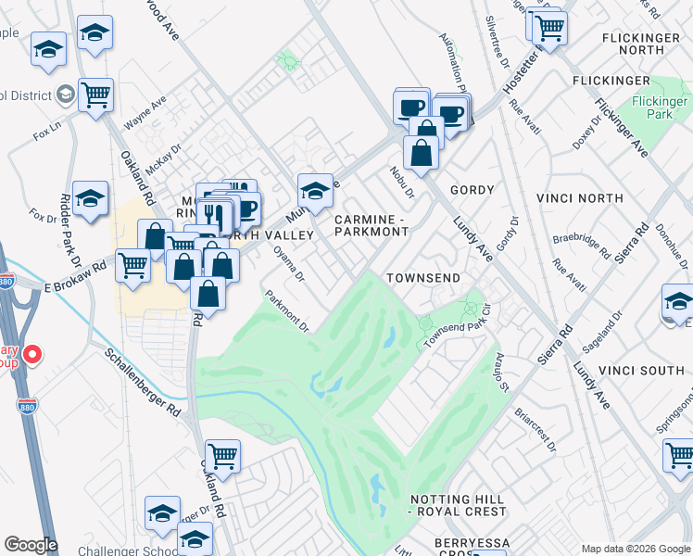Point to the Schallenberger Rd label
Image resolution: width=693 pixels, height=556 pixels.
coord(142,381)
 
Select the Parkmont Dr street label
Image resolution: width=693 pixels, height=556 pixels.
coord(286,311)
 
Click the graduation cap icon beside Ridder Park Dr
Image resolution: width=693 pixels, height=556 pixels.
coord(90,199)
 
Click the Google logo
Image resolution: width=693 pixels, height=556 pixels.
coord(31,545)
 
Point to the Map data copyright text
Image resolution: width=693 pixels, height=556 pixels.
coord(635,548)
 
